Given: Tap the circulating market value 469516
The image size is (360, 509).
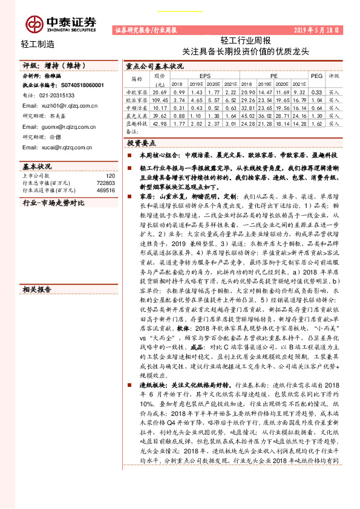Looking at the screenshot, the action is point(105,190).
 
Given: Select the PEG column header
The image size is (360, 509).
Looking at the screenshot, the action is point(316,76).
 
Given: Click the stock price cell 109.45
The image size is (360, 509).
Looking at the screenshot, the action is point(160,99).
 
